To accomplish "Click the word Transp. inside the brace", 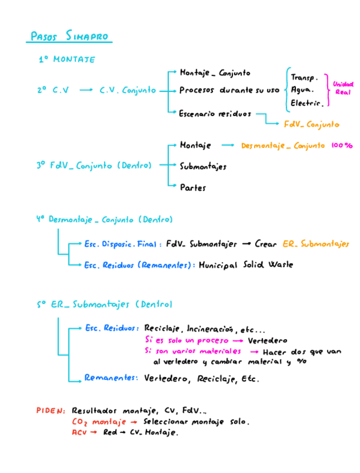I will pos(304,78).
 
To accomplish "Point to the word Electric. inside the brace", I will pos(307,103).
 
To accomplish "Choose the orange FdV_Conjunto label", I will pos(311,124).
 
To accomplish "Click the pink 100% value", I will pos(341,146).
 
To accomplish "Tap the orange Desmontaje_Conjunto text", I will pos(283,146).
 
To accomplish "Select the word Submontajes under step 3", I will pos(203,166).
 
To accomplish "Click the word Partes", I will pos(193,187).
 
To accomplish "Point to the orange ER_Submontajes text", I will pos(315,244).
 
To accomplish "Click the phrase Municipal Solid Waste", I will pos(246,265).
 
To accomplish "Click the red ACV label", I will pos(80,432).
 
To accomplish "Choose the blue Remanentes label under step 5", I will pos(111,378).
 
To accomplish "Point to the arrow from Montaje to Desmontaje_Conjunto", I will pos(227,146).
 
